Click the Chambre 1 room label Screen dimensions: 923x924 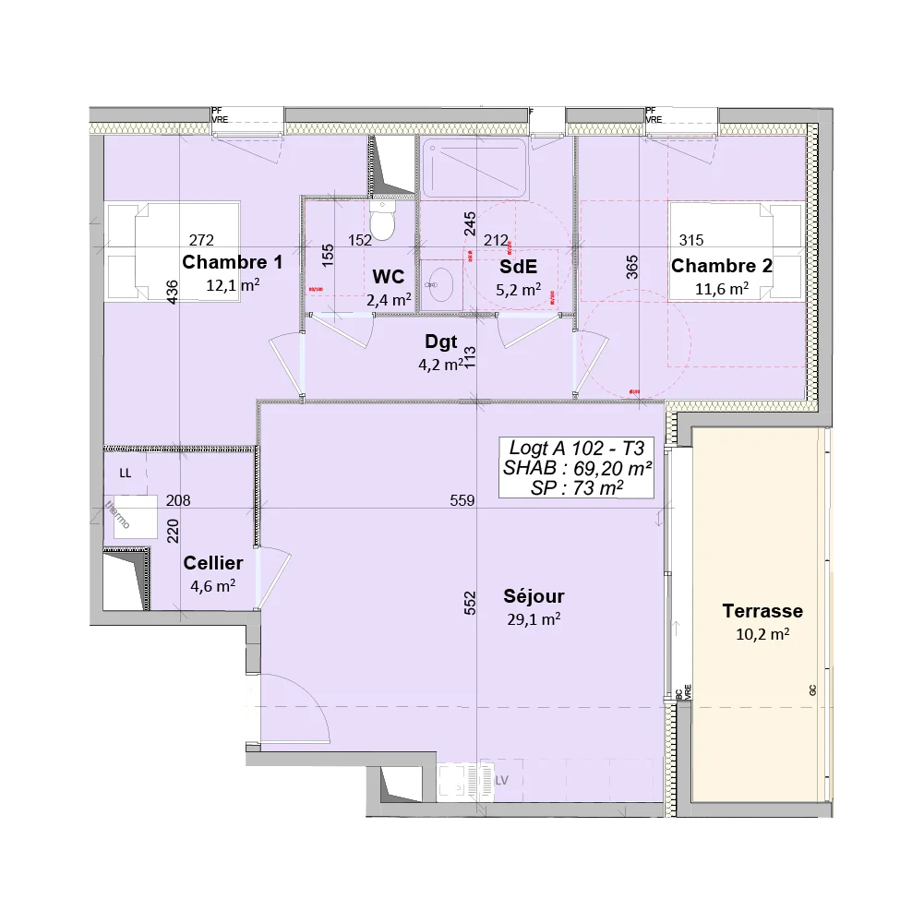(x=232, y=262)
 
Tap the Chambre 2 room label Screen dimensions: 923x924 (x=721, y=267)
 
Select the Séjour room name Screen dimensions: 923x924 (x=534, y=595)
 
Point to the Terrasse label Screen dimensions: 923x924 (x=762, y=611)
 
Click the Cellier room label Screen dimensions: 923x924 (x=213, y=563)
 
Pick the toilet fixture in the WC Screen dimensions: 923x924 (x=381, y=220)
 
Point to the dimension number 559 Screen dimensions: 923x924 (x=462, y=501)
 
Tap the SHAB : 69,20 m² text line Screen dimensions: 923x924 (x=578, y=468)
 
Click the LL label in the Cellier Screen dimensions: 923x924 (x=126, y=473)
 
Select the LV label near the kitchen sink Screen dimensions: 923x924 (x=502, y=780)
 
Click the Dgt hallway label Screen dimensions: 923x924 (x=440, y=342)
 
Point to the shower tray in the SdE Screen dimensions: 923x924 (x=474, y=167)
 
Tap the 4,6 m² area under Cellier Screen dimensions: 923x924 (x=213, y=585)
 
